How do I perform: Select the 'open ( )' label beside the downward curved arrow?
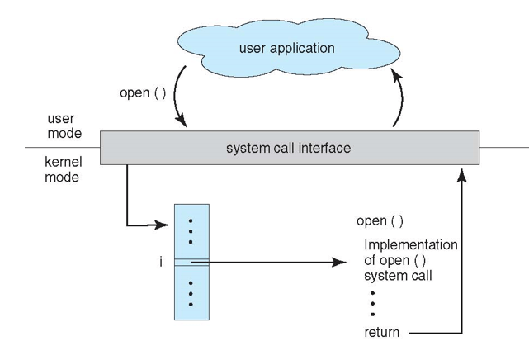(143, 92)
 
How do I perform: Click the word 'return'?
(381, 333)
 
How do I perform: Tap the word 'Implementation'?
(410, 245)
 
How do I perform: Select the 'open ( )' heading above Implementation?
(380, 221)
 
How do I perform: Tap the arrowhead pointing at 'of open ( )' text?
(338, 263)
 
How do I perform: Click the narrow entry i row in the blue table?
(191, 263)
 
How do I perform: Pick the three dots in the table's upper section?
(191, 232)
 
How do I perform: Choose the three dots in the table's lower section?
(191, 292)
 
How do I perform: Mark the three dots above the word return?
(373, 303)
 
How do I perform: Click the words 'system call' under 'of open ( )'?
(398, 276)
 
